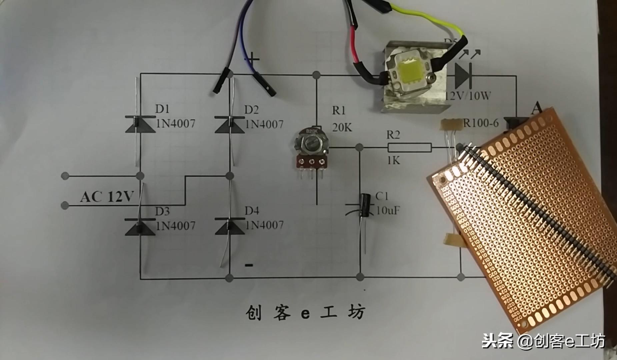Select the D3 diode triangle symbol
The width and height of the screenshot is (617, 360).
click(x=140, y=227)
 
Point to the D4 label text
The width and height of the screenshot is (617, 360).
click(x=252, y=211)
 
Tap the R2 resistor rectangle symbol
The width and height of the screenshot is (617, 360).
click(x=409, y=147)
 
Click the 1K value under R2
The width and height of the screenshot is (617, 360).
click(x=393, y=161)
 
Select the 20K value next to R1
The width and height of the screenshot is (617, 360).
click(x=342, y=127)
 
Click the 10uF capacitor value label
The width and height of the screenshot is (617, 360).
click(x=388, y=210)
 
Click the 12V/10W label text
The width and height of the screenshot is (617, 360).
click(x=468, y=96)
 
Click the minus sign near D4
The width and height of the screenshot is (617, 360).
click(x=249, y=265)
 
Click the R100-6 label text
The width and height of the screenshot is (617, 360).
click(x=481, y=123)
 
